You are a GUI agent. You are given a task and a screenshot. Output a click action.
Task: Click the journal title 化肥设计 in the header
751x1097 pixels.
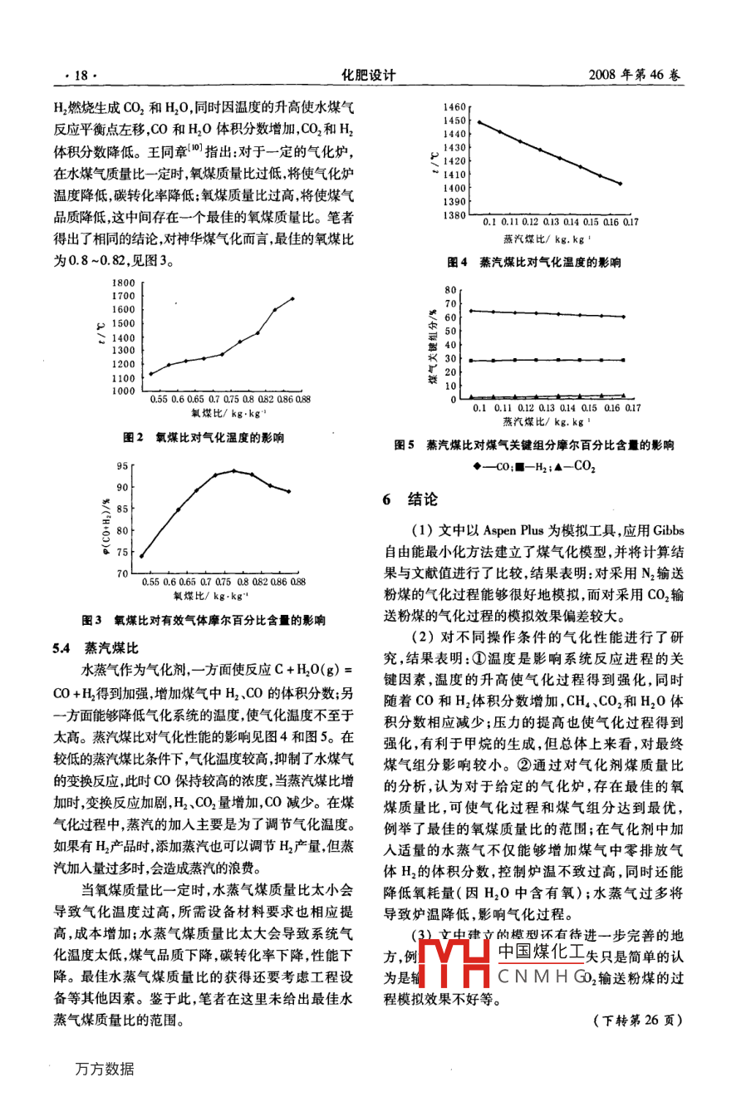(x=369, y=75)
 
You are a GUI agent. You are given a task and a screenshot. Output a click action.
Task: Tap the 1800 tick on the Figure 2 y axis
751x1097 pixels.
(x=123, y=283)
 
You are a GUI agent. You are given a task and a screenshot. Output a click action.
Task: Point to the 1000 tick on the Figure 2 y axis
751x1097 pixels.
(x=123, y=391)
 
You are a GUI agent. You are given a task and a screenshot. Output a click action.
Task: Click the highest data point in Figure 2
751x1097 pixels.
(x=292, y=298)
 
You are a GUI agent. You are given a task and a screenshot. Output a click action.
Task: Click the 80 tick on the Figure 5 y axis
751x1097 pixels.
(x=451, y=290)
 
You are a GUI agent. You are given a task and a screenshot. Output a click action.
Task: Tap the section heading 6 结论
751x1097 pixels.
(x=410, y=499)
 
